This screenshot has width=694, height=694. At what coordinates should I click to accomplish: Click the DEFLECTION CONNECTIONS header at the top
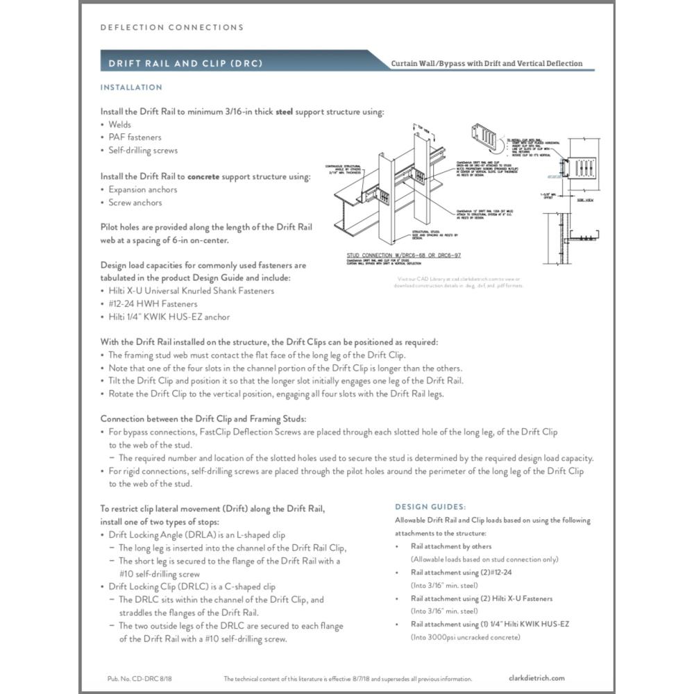click(x=172, y=28)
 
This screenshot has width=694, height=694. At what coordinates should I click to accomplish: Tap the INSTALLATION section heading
click(x=131, y=87)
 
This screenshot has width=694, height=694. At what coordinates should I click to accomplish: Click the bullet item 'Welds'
click(x=119, y=125)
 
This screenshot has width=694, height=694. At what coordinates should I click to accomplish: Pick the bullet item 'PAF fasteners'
click(x=135, y=137)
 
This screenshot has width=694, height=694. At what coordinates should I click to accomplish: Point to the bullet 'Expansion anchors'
click(x=142, y=189)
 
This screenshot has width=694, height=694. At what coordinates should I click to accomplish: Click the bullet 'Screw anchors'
click(x=135, y=203)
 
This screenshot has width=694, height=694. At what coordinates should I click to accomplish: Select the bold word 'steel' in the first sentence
click(x=287, y=112)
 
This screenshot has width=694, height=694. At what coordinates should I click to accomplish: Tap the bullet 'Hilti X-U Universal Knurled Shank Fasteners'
click(x=191, y=291)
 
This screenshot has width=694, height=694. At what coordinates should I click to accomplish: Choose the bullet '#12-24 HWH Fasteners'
click(x=153, y=304)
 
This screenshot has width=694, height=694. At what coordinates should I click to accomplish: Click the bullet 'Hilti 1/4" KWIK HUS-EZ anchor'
click(x=169, y=317)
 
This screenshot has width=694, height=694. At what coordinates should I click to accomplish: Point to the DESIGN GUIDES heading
click(x=430, y=507)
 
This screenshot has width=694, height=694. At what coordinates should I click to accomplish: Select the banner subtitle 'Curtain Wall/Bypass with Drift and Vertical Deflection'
click(x=486, y=64)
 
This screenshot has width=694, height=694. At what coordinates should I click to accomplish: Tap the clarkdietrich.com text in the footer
click(x=536, y=679)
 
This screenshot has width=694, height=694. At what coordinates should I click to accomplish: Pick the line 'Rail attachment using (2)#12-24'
click(x=460, y=573)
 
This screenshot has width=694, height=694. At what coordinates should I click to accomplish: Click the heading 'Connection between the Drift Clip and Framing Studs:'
click(x=203, y=418)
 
